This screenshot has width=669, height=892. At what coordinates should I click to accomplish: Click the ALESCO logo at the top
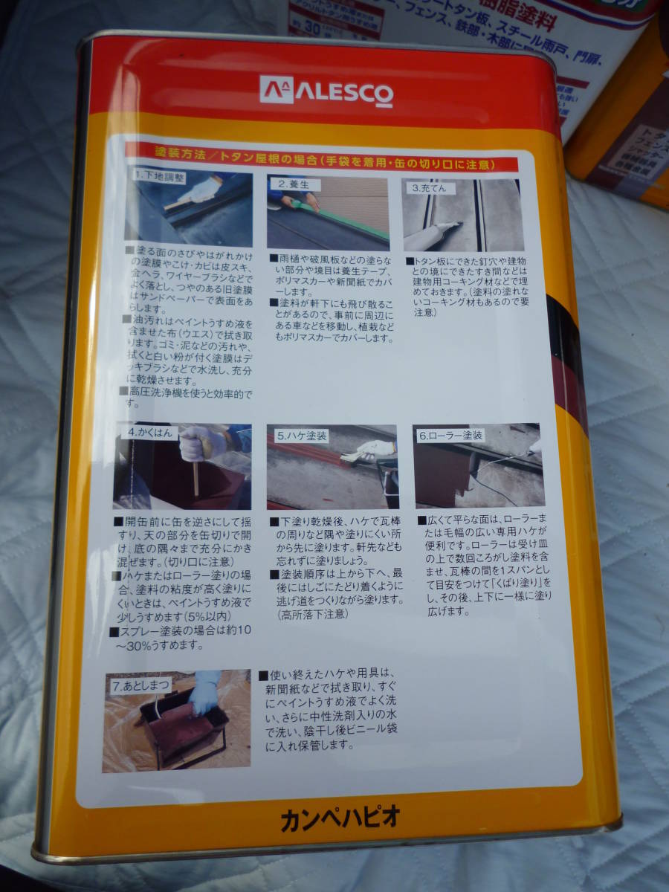(326, 91)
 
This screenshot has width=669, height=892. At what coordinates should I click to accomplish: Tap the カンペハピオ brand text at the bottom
(341, 818)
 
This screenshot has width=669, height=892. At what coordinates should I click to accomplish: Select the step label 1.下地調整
(159, 178)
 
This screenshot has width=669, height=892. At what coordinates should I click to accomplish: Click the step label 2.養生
(294, 184)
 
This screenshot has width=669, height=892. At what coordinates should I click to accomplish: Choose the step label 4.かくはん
(151, 431)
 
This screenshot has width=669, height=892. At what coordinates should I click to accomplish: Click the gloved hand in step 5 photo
(375, 449)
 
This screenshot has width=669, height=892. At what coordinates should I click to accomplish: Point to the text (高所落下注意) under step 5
(311, 614)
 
